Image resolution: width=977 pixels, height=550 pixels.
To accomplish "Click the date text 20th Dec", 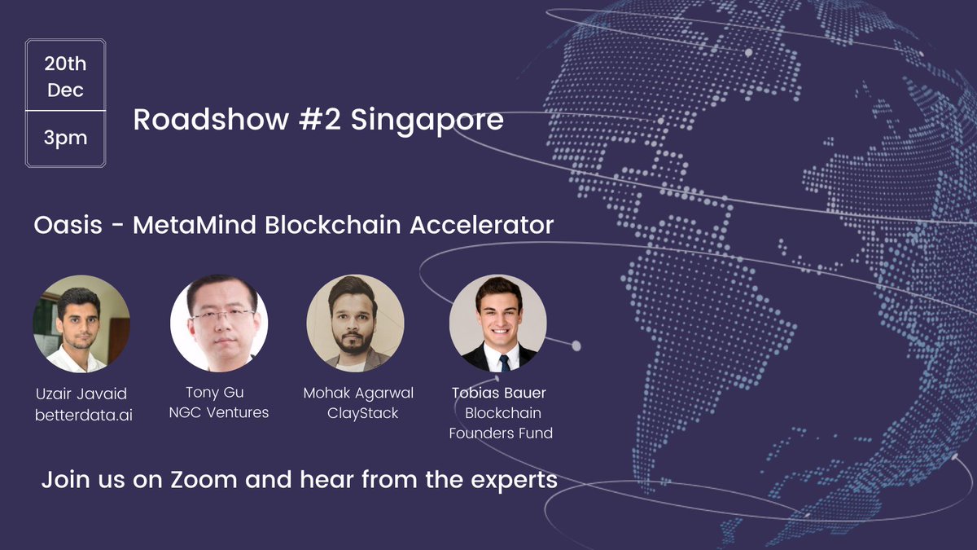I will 65,77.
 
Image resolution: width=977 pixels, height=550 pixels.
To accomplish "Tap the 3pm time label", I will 65,138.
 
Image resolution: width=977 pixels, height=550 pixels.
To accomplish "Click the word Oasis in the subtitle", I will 68,225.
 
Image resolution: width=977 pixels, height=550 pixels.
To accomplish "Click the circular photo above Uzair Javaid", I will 81,323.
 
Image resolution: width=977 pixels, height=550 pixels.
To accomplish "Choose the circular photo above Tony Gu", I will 219,323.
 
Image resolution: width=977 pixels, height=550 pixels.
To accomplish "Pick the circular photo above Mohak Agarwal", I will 355,323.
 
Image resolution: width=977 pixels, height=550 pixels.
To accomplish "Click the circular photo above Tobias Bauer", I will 497,323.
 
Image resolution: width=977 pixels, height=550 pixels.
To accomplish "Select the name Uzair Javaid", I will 81,394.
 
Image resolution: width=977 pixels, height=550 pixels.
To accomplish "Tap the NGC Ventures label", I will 218,412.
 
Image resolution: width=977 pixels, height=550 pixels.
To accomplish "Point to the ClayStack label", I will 362,413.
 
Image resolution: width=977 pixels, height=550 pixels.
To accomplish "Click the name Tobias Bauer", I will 499,393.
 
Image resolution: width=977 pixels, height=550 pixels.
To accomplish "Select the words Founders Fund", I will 501,433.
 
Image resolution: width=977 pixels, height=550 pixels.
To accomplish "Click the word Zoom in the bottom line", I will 202,480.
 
